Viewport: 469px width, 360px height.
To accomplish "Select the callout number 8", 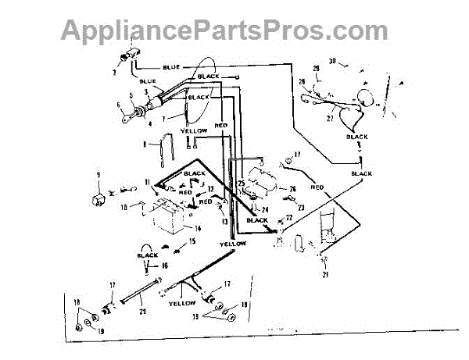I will (x=145, y=144).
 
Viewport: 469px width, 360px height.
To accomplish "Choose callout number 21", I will (x=326, y=275).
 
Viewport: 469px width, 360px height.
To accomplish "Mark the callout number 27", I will (x=329, y=119).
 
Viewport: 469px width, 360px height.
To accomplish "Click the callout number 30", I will (x=331, y=60).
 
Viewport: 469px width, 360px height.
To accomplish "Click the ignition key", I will (x=130, y=119).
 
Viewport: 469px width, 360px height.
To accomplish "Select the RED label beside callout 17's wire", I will (x=317, y=187).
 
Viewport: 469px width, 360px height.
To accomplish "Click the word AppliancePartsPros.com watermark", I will (x=224, y=30).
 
